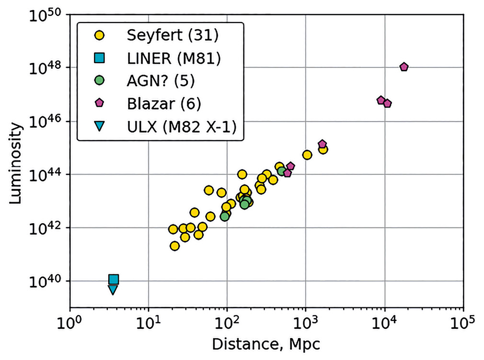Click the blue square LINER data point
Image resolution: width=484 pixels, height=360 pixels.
[x=114, y=280]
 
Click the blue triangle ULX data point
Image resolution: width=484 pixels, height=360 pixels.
[x=112, y=290]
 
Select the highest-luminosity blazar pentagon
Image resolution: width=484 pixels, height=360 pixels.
[x=404, y=67]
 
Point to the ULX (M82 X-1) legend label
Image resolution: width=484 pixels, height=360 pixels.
[x=182, y=127]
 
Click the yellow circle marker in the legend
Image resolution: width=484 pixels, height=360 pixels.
[x=100, y=35]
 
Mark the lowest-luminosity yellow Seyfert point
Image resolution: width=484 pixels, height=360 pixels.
[x=175, y=246]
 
